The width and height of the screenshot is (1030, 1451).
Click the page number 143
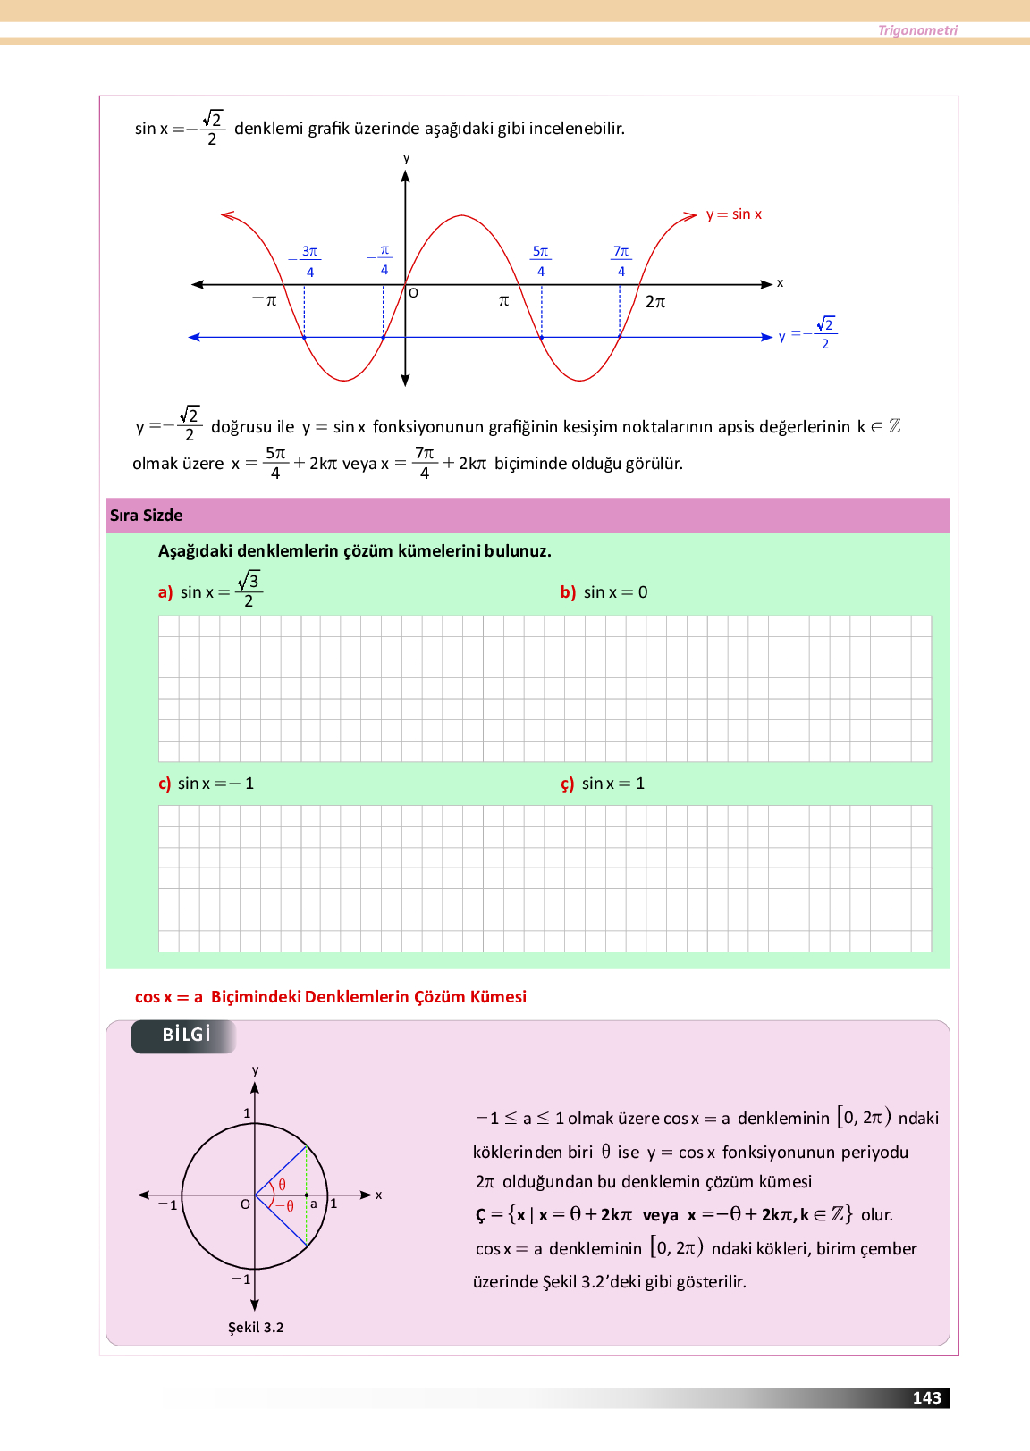[x=926, y=1398]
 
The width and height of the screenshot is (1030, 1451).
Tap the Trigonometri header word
[x=917, y=30]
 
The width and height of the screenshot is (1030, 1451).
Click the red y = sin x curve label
[x=734, y=214]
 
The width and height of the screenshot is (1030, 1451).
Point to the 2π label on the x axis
[x=655, y=302]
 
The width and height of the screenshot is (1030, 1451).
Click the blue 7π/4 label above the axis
[x=621, y=261]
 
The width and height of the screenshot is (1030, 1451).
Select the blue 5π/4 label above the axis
[x=541, y=261]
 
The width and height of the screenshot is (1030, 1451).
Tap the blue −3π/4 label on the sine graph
[x=307, y=261]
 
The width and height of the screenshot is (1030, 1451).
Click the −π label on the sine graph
[x=265, y=301]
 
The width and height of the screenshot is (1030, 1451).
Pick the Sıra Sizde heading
[x=147, y=516]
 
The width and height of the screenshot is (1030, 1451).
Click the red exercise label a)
[x=165, y=592]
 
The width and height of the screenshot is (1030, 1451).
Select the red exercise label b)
[x=568, y=592]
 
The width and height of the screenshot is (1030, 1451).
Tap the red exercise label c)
[x=165, y=784]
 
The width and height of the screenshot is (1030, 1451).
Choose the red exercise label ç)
[x=568, y=784]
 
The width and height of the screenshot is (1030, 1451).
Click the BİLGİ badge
[x=186, y=1035]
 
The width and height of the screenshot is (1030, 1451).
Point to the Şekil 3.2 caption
[x=256, y=1328]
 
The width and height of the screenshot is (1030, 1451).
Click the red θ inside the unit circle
[x=283, y=1185]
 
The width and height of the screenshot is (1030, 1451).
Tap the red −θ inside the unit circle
[x=285, y=1206]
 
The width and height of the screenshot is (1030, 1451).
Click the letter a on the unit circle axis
[x=314, y=1204]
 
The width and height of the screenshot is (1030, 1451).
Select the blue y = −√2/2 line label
[x=807, y=334]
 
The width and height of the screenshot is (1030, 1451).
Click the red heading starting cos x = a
[x=331, y=997]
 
